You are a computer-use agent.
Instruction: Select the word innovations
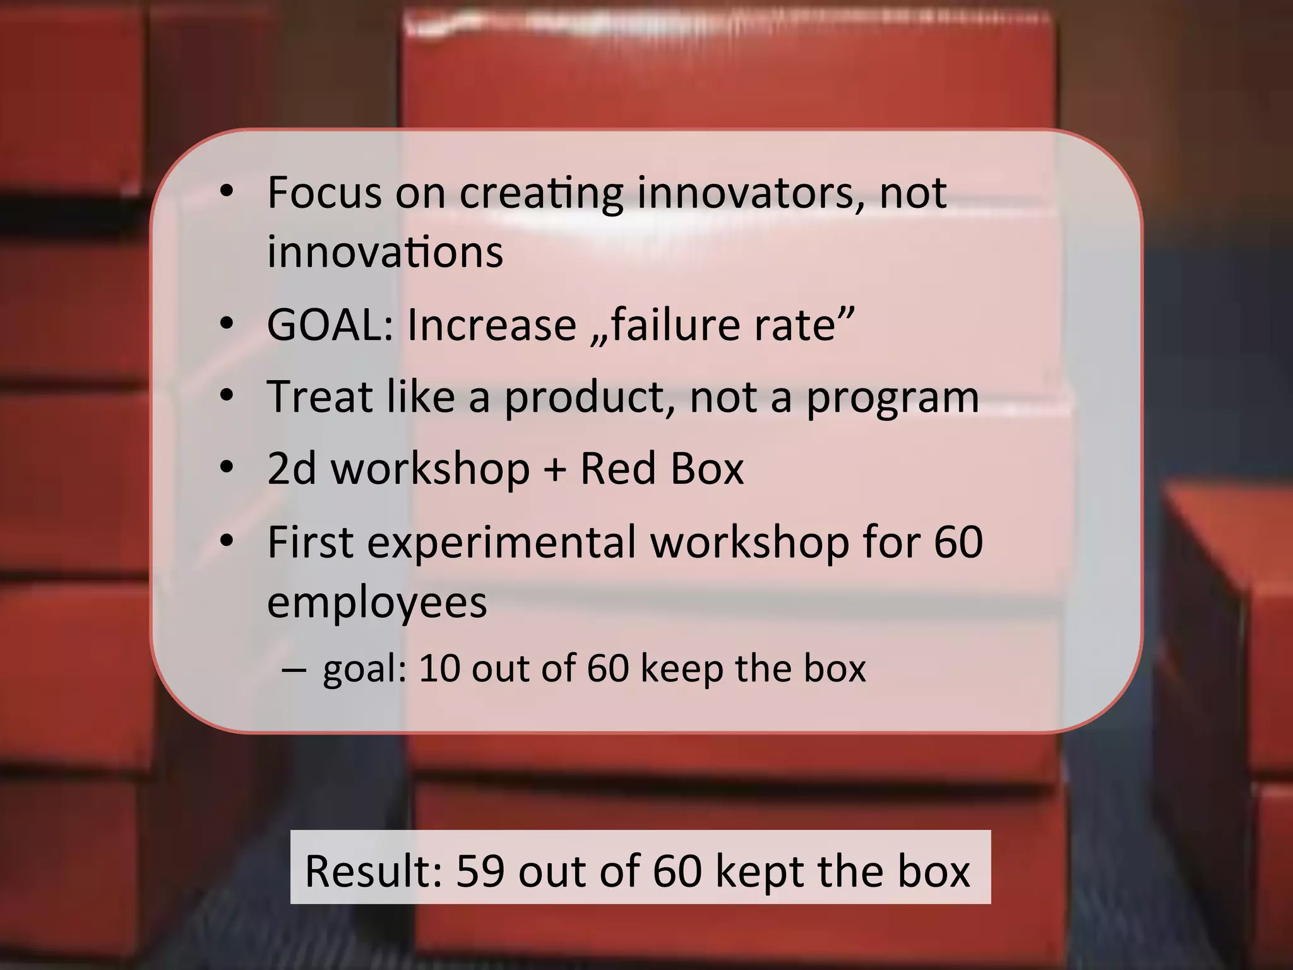click(385, 251)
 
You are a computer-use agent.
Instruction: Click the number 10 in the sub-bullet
click(439, 668)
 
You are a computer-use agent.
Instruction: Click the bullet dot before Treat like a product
click(227, 397)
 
